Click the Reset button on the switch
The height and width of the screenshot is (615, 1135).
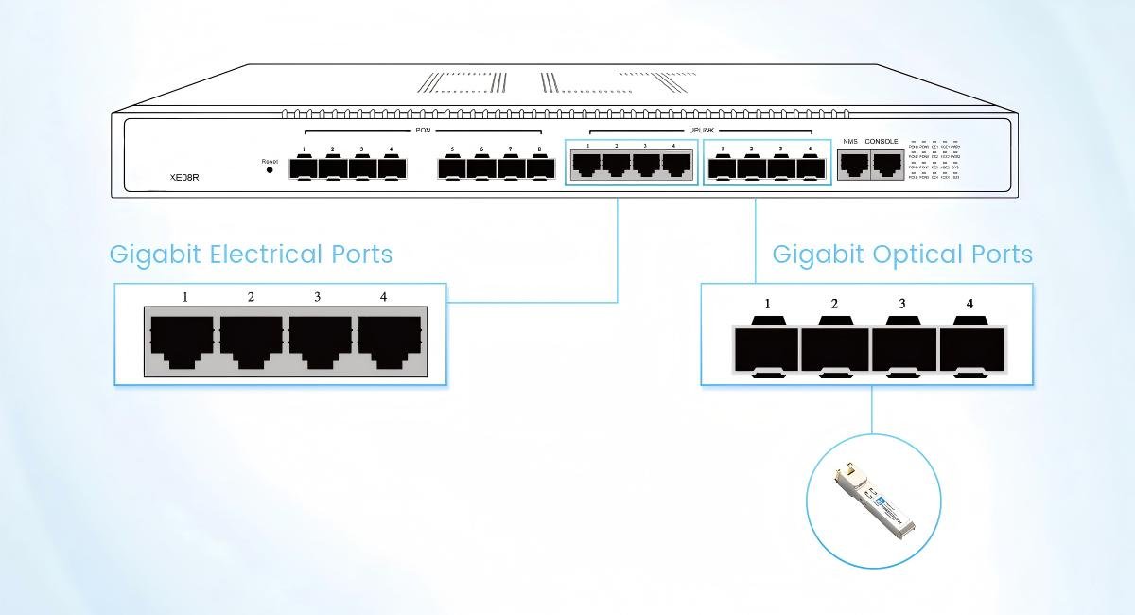point(271,171)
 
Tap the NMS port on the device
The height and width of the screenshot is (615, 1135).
point(853,165)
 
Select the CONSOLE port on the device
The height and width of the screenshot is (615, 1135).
point(885,165)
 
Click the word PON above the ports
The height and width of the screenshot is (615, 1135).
point(423,130)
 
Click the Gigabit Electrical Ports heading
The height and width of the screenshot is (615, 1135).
point(251,255)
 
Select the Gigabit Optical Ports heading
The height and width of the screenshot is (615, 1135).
point(901,255)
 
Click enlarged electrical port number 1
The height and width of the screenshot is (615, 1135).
point(183,341)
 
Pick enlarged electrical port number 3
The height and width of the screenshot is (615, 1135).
point(320,341)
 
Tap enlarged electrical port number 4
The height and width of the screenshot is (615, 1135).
point(388,341)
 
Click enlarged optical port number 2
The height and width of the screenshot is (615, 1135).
point(834,348)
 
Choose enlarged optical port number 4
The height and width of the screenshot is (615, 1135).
point(971,348)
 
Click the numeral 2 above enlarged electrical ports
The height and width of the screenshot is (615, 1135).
point(251,297)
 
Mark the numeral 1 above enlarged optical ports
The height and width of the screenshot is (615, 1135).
point(767,304)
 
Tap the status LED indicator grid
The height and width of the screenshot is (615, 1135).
point(934,162)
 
